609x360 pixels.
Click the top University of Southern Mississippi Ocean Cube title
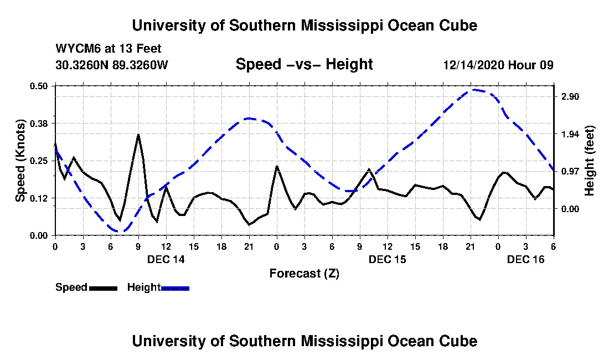304,25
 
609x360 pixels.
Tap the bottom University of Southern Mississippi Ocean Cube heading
304,341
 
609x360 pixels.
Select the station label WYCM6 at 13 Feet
109,49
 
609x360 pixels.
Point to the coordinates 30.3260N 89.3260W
112,65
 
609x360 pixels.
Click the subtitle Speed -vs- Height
304,64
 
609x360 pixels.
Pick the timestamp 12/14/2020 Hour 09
498,65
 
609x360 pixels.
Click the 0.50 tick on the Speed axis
38,86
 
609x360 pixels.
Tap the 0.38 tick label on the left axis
38,124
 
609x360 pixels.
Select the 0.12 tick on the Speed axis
38,198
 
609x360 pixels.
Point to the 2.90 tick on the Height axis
570,96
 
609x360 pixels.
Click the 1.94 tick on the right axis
570,134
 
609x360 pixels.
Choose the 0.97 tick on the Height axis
570,171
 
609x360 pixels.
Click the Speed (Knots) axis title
20,161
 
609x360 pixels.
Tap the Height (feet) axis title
589,161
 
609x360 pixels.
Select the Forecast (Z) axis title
304,274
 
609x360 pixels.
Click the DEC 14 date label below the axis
166,259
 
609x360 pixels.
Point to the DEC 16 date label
526,259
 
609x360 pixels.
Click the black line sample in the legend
104,288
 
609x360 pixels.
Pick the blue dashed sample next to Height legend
175,288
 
